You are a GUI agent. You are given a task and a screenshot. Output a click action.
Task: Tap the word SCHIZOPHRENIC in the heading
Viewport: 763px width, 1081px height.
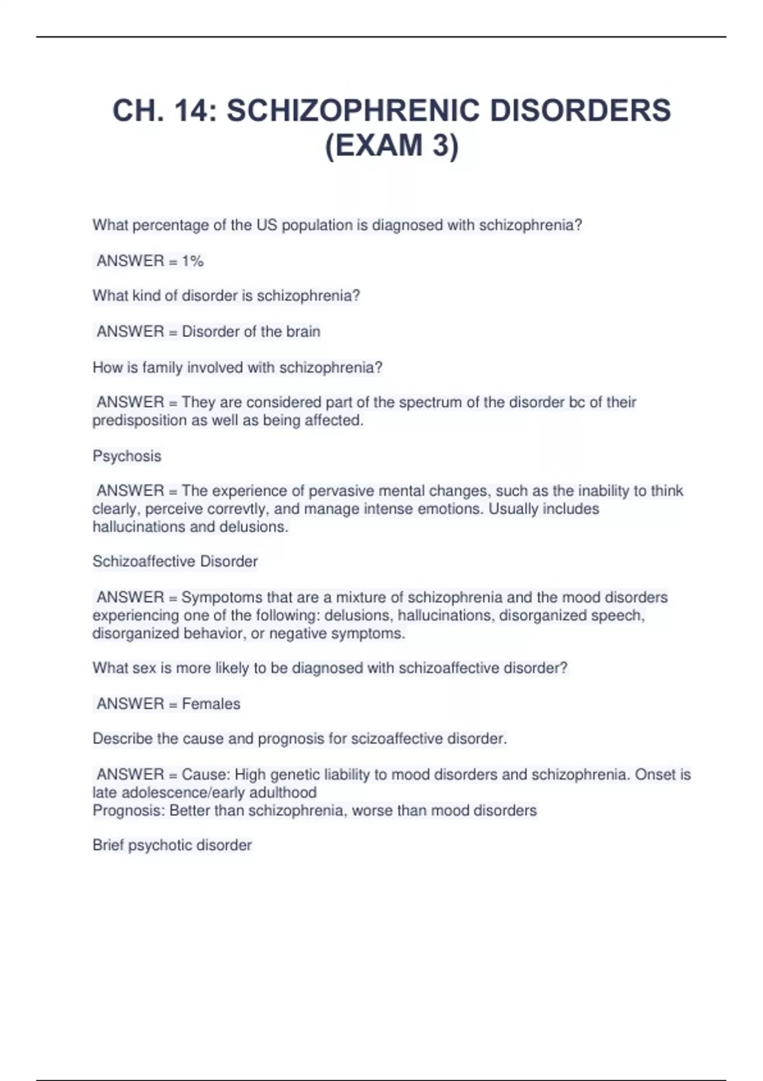[353, 111]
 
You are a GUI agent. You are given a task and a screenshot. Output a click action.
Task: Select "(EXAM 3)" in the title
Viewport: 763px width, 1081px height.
[392, 145]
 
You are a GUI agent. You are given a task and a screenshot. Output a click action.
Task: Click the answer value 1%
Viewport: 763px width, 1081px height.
[193, 261]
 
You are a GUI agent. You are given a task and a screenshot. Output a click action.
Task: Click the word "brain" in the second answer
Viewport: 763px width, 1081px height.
[303, 331]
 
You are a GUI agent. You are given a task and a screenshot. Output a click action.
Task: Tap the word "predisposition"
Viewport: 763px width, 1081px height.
[135, 420]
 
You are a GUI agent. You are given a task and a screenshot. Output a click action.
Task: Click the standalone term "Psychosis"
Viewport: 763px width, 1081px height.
[127, 456]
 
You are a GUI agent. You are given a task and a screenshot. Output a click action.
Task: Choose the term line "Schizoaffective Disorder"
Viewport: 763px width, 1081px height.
[175, 561]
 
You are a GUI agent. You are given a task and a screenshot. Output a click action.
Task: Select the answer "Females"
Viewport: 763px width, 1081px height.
[211, 704]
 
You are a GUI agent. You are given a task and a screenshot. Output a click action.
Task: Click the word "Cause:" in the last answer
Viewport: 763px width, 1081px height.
[206, 775]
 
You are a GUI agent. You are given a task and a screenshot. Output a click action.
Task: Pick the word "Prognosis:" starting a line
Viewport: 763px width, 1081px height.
[129, 811]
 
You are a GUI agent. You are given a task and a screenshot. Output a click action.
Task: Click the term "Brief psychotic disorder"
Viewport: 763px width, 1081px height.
[172, 845]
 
